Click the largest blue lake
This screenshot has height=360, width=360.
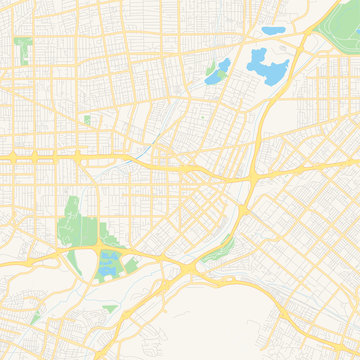268,68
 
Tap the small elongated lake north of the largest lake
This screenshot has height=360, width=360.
270,31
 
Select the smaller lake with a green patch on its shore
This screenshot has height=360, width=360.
215,72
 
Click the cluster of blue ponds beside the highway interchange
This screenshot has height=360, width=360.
108,265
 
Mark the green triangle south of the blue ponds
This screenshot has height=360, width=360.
109,308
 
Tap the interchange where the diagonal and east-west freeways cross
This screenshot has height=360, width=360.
255,176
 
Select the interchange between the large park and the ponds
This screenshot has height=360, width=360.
104,243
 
